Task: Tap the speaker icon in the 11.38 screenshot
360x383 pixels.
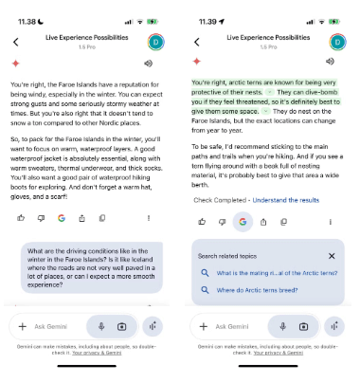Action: click(147, 64)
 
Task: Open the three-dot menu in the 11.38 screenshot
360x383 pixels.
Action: click(147, 218)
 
